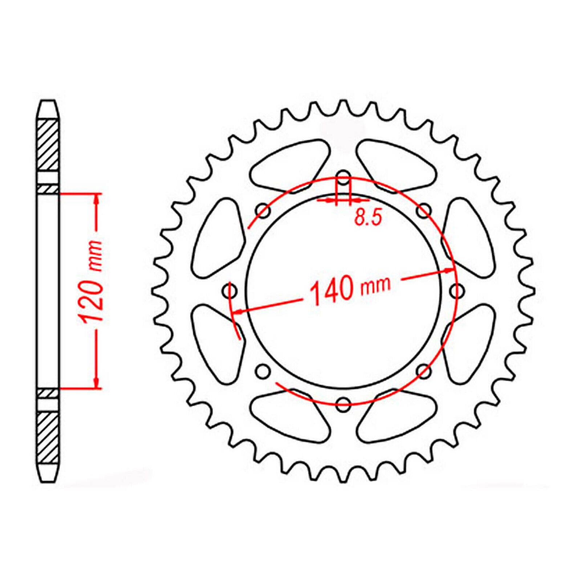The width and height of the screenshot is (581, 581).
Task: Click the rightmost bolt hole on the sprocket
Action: coord(456,290)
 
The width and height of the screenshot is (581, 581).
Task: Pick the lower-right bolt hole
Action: coord(423,371)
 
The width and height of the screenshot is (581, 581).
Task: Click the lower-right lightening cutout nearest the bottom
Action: coord(394,421)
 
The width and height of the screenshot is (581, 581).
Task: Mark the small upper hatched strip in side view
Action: coord(48,189)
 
